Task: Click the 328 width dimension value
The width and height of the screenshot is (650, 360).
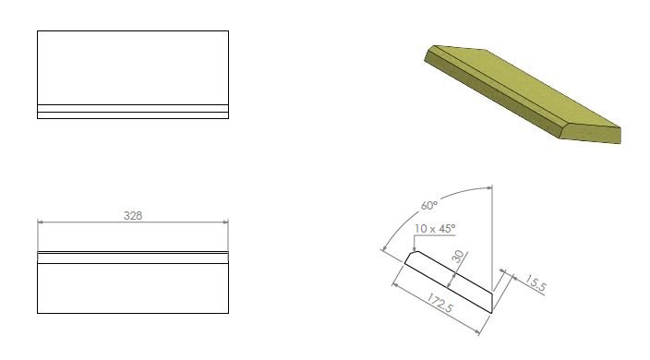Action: click(132, 215)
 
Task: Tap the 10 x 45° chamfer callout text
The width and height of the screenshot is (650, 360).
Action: click(435, 228)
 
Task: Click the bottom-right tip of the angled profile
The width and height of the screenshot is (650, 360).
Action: click(491, 312)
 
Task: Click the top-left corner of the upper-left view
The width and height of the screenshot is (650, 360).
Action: click(38, 31)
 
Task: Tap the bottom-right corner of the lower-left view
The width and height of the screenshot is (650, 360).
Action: click(227, 313)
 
